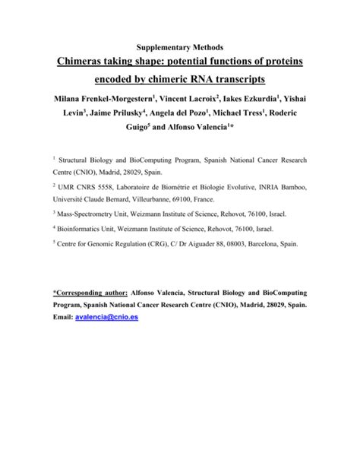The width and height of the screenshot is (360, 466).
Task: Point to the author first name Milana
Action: pos(74,100)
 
